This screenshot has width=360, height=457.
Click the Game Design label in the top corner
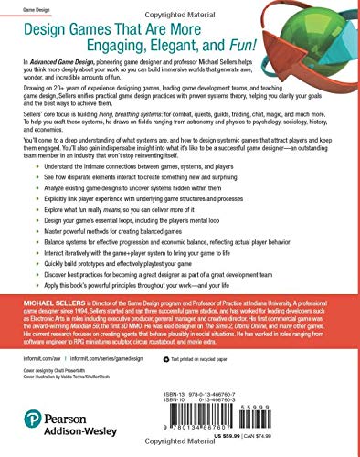pyautogui.click(x=20, y=9)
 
